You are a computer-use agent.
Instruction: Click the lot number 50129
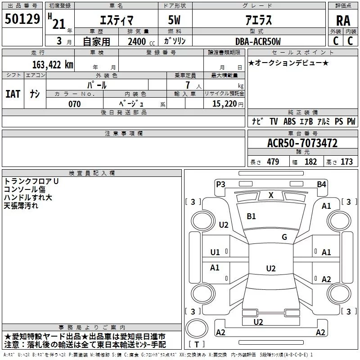[x=22, y=19]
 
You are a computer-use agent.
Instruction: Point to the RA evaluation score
[x=343, y=20]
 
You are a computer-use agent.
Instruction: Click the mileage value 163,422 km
[x=52, y=65]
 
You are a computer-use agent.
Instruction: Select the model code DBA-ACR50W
[x=258, y=42]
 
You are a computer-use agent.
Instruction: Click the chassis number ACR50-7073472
[x=302, y=144]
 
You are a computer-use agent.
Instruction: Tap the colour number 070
[x=74, y=104]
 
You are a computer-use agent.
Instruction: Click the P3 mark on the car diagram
[x=220, y=184]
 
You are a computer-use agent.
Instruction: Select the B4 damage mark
[x=321, y=184]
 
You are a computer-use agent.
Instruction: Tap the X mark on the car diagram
[x=271, y=195]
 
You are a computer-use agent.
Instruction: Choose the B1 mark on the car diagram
[x=251, y=216]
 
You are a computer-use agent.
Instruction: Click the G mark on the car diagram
[x=284, y=237]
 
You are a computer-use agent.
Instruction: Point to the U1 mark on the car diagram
[x=215, y=252]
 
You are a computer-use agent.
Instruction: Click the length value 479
[x=272, y=162]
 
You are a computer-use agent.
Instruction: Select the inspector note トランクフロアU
[x=31, y=181]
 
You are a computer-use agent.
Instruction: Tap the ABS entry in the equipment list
[x=289, y=121]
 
